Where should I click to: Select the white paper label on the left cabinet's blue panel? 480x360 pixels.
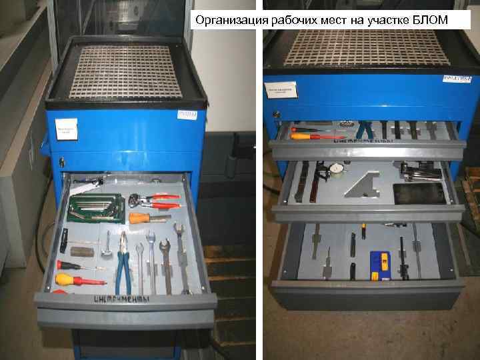(67, 129)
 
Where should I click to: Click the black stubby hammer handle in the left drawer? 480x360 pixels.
(64, 239)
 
